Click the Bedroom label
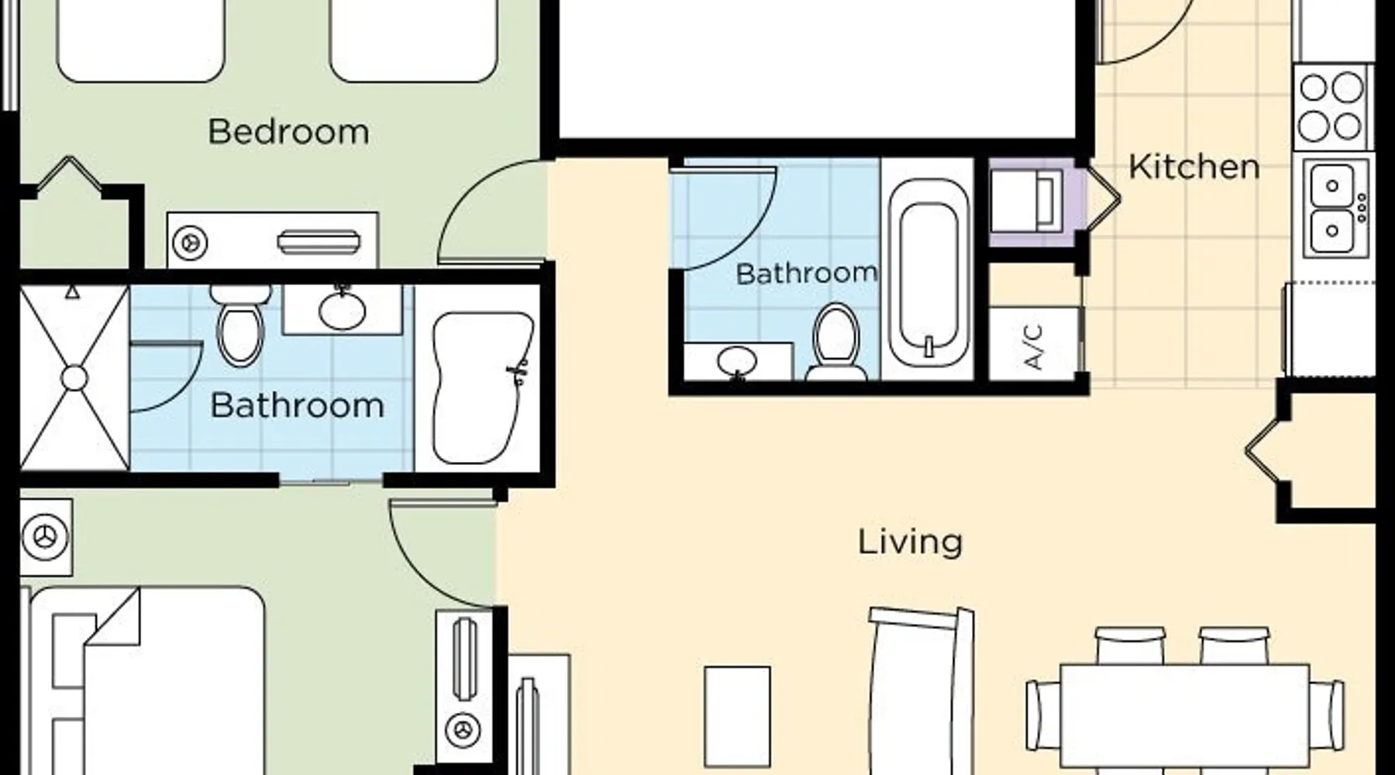[x=288, y=132]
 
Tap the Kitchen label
[x=1193, y=167]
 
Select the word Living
[x=910, y=541]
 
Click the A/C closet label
[x=1034, y=346]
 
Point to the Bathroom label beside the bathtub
[x=806, y=273]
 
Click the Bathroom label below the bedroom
[x=297, y=405]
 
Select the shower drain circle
[x=74, y=378]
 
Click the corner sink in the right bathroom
[x=736, y=362]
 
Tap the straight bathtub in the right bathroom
[x=928, y=273]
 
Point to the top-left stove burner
[x=1314, y=88]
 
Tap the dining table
[x=1184, y=718]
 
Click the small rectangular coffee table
[x=737, y=717]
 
